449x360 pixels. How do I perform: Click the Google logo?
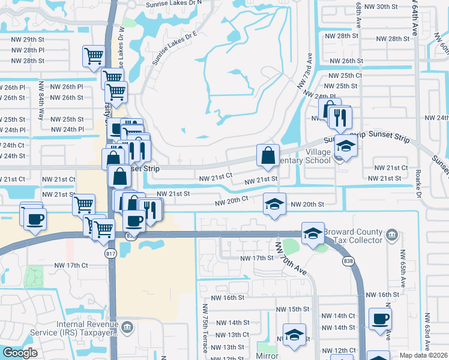tap(20, 353)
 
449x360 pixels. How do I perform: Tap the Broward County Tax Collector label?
tap(353, 236)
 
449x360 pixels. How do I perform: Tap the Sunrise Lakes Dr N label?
tap(173, 4)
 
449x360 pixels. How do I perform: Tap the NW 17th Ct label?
tap(71, 265)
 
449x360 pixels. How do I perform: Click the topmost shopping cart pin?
tap(94, 56)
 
